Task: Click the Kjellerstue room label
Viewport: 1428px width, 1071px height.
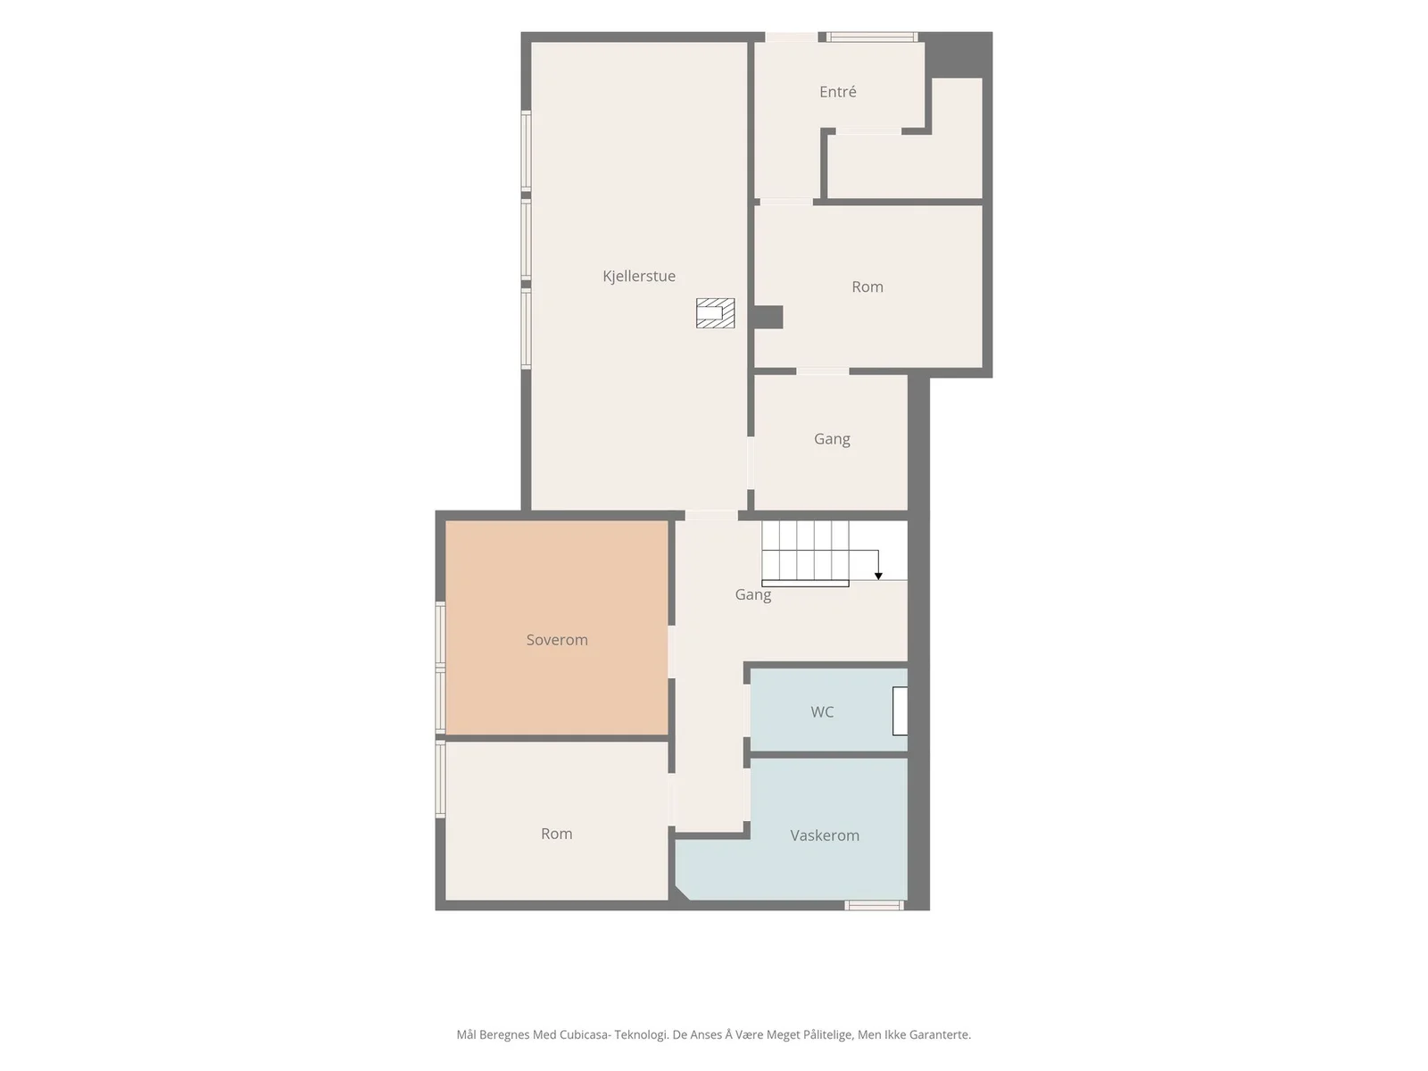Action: coord(638,277)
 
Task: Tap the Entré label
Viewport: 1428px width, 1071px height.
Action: coord(837,92)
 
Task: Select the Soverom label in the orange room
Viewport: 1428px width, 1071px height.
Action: coord(557,640)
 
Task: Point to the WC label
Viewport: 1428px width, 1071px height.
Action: coord(822,712)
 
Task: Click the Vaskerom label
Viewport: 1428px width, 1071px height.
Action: coord(825,835)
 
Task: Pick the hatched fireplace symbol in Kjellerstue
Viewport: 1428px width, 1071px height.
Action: coord(715,312)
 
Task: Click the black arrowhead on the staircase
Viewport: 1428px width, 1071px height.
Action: coord(878,577)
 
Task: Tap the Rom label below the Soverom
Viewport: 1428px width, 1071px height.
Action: coord(556,834)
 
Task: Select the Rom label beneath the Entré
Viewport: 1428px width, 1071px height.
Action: coord(868,286)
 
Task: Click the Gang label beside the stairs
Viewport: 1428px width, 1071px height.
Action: coord(752,595)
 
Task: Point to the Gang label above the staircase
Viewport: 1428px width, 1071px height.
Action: coord(832,440)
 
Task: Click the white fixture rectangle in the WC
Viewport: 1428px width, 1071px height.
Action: coord(900,710)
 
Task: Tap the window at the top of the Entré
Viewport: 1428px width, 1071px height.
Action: coord(872,37)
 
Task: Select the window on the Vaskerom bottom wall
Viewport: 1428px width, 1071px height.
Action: coord(874,905)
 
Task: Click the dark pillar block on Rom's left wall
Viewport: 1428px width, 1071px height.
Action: coord(768,318)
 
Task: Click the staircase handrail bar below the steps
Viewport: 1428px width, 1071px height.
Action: coord(805,584)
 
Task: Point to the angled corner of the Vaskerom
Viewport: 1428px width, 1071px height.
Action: coord(682,893)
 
